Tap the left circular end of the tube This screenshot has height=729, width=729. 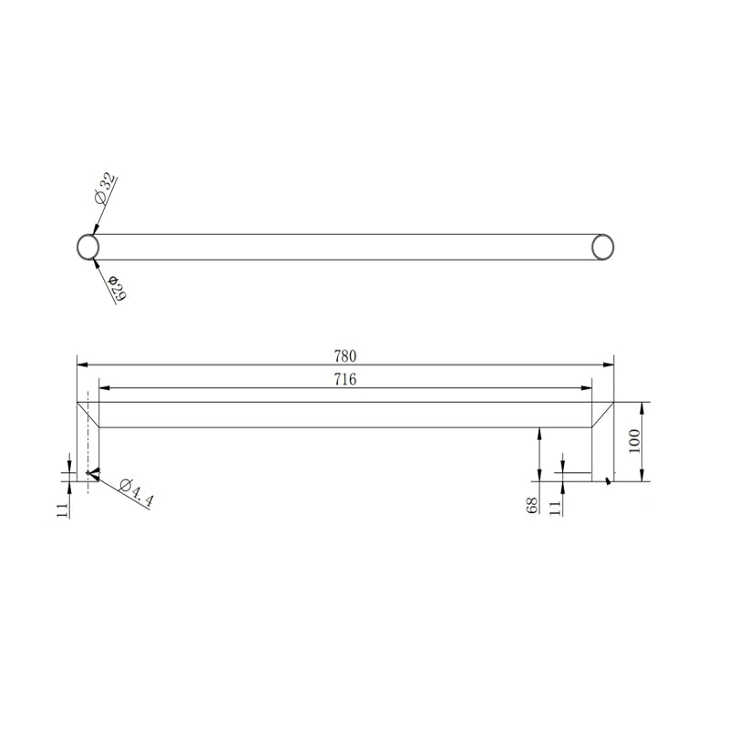pyautogui.click(x=87, y=247)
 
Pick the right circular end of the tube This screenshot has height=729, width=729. pyautogui.click(x=603, y=247)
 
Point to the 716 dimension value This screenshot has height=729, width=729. pyautogui.click(x=344, y=379)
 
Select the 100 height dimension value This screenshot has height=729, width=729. pyautogui.click(x=635, y=442)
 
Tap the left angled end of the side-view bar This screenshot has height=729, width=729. pyautogui.click(x=88, y=414)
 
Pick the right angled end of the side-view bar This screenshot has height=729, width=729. pyautogui.click(x=602, y=414)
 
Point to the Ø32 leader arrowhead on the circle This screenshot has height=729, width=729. pyautogui.click(x=95, y=231)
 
